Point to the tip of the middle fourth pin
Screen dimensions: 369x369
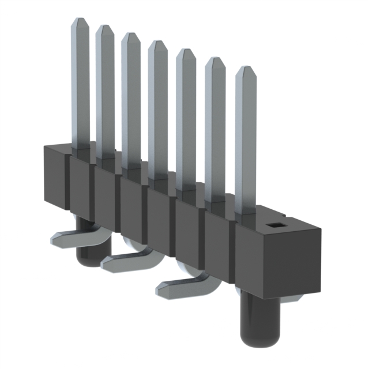click(157, 44)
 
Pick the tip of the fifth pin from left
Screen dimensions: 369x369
click(186, 52)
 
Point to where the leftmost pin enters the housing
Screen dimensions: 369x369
click(81, 149)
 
